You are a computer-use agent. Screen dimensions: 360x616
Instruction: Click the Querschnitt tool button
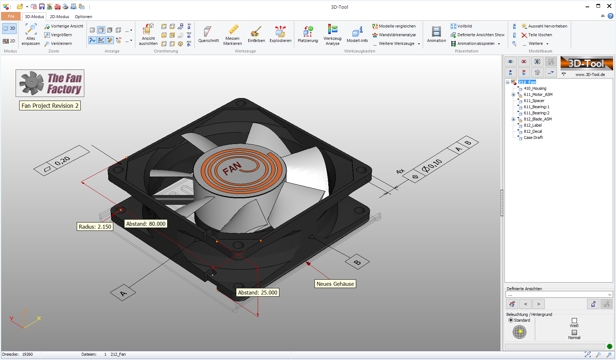(208, 35)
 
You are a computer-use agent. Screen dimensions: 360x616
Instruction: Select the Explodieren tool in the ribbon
(280, 35)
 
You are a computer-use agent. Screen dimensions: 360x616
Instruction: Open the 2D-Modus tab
(59, 17)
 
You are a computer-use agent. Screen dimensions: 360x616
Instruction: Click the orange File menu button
(11, 16)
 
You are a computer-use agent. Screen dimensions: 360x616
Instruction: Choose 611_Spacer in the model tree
(534, 101)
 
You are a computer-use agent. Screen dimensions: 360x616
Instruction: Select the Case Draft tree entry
(533, 137)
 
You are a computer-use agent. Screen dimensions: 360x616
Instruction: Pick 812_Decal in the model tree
(533, 131)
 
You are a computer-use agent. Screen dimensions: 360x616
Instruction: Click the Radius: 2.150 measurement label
(95, 227)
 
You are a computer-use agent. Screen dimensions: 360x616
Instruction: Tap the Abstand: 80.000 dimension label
(146, 224)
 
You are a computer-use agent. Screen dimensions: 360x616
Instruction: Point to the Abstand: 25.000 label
(258, 293)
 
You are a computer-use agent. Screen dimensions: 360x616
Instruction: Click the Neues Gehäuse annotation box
(335, 284)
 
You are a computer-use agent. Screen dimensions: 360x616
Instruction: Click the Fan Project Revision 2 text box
(50, 106)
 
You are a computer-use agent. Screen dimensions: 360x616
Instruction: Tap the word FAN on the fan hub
(232, 168)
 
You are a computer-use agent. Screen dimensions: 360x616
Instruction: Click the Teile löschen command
(540, 35)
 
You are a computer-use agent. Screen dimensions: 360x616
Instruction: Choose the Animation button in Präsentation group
(436, 35)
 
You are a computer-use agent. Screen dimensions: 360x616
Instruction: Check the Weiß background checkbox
(574, 321)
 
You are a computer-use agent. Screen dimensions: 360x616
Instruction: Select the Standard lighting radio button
(511, 320)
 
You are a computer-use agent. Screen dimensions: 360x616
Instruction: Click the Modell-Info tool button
(357, 35)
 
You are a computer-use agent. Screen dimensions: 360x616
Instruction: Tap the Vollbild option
(464, 26)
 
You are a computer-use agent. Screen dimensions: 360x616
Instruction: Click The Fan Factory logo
(50, 83)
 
